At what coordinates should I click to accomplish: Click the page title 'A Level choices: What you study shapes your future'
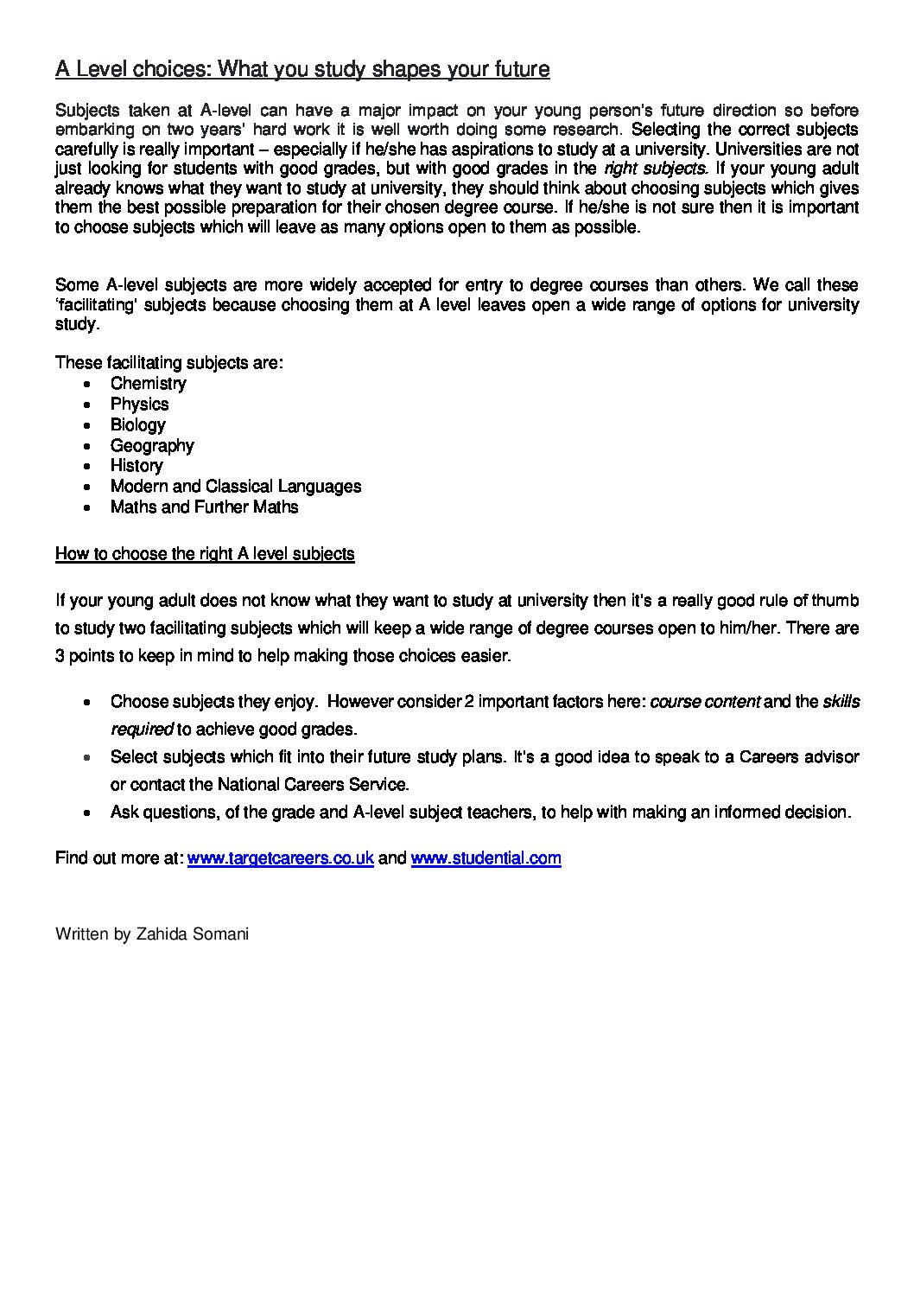pyautogui.click(x=302, y=69)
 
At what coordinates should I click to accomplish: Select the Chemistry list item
pyautogui.click(x=148, y=384)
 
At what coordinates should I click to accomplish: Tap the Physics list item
pyautogui.click(x=139, y=405)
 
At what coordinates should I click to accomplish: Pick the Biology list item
pyautogui.click(x=137, y=425)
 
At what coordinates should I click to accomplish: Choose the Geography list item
pyautogui.click(x=152, y=446)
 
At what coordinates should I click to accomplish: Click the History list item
pyautogui.click(x=136, y=466)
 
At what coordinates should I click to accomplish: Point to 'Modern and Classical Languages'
pyautogui.click(x=235, y=487)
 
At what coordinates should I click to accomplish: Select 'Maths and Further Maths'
pyautogui.click(x=204, y=507)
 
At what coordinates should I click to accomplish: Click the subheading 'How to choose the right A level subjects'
pyautogui.click(x=205, y=554)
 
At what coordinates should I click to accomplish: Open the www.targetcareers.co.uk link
pyautogui.click(x=280, y=858)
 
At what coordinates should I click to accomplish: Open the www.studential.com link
pyautogui.click(x=486, y=858)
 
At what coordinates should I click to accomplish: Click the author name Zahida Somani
pyautogui.click(x=193, y=934)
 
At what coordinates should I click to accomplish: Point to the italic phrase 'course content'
pyautogui.click(x=704, y=702)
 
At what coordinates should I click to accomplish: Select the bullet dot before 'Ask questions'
pyautogui.click(x=88, y=813)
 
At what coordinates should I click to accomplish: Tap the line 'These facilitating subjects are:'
pyautogui.click(x=168, y=363)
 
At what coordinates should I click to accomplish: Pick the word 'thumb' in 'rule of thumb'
pyautogui.click(x=835, y=601)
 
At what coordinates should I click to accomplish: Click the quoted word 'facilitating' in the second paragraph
pyautogui.click(x=98, y=305)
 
